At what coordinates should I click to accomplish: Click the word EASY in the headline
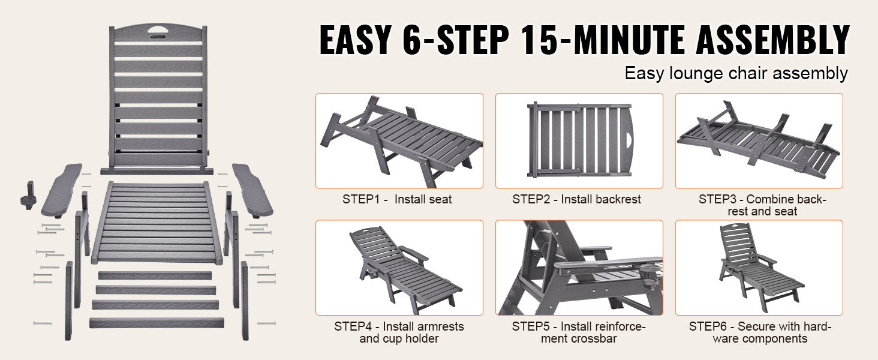(356, 39)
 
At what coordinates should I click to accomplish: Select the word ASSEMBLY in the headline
(773, 39)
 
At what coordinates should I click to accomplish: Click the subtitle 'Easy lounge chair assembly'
(736, 73)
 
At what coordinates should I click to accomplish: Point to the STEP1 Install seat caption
(397, 199)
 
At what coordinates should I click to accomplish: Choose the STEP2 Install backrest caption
(576, 199)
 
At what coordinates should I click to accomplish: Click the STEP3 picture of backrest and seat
(759, 141)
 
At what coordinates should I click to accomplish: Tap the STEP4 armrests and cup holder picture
(399, 268)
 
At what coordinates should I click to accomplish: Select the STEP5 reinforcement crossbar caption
(579, 332)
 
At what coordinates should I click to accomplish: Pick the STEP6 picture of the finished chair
(759, 268)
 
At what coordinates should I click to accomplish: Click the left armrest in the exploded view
(62, 190)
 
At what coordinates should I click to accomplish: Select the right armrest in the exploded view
(252, 191)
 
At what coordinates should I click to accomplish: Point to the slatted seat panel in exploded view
(157, 223)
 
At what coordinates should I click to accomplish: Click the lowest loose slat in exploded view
(157, 323)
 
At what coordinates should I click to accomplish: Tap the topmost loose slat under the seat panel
(155, 275)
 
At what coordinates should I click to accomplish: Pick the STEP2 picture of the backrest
(579, 141)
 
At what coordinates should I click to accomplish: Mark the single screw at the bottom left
(43, 323)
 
